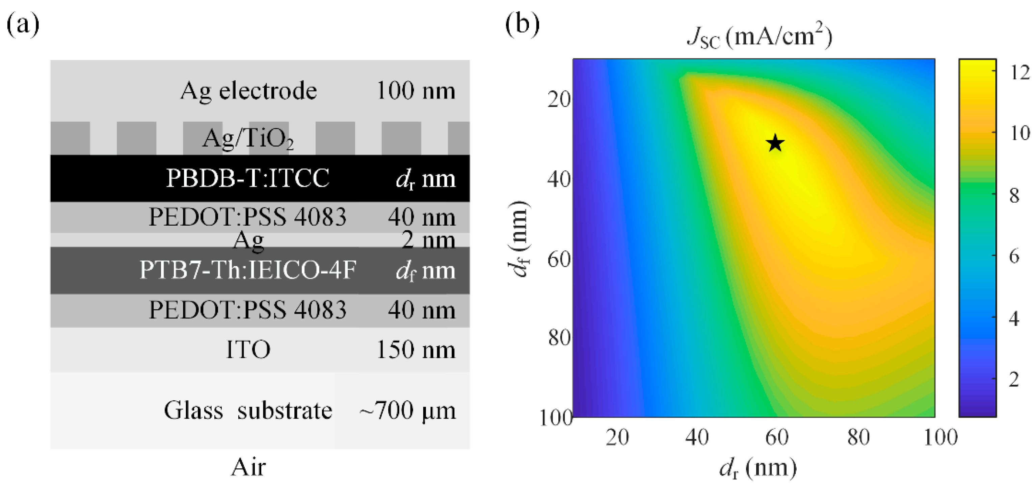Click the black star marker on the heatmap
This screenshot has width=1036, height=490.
point(775,143)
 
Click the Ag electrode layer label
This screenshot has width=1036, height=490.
point(248,91)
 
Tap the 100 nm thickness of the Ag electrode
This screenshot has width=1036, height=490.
point(416,91)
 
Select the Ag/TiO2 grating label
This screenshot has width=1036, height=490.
point(248,139)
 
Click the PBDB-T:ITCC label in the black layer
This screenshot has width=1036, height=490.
point(248,178)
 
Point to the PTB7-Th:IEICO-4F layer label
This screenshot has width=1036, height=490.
point(248,270)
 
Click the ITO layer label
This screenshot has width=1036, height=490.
point(248,349)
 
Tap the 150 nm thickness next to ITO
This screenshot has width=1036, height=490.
point(416,349)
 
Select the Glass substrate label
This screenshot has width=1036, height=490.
point(248,410)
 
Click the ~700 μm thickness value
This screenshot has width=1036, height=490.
point(407,410)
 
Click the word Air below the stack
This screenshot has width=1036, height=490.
point(248,467)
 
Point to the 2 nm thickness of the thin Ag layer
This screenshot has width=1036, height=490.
point(428,240)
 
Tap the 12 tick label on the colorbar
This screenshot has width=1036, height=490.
point(1020,73)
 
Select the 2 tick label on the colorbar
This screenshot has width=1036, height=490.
point(1015,379)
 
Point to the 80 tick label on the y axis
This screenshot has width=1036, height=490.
point(559,337)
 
